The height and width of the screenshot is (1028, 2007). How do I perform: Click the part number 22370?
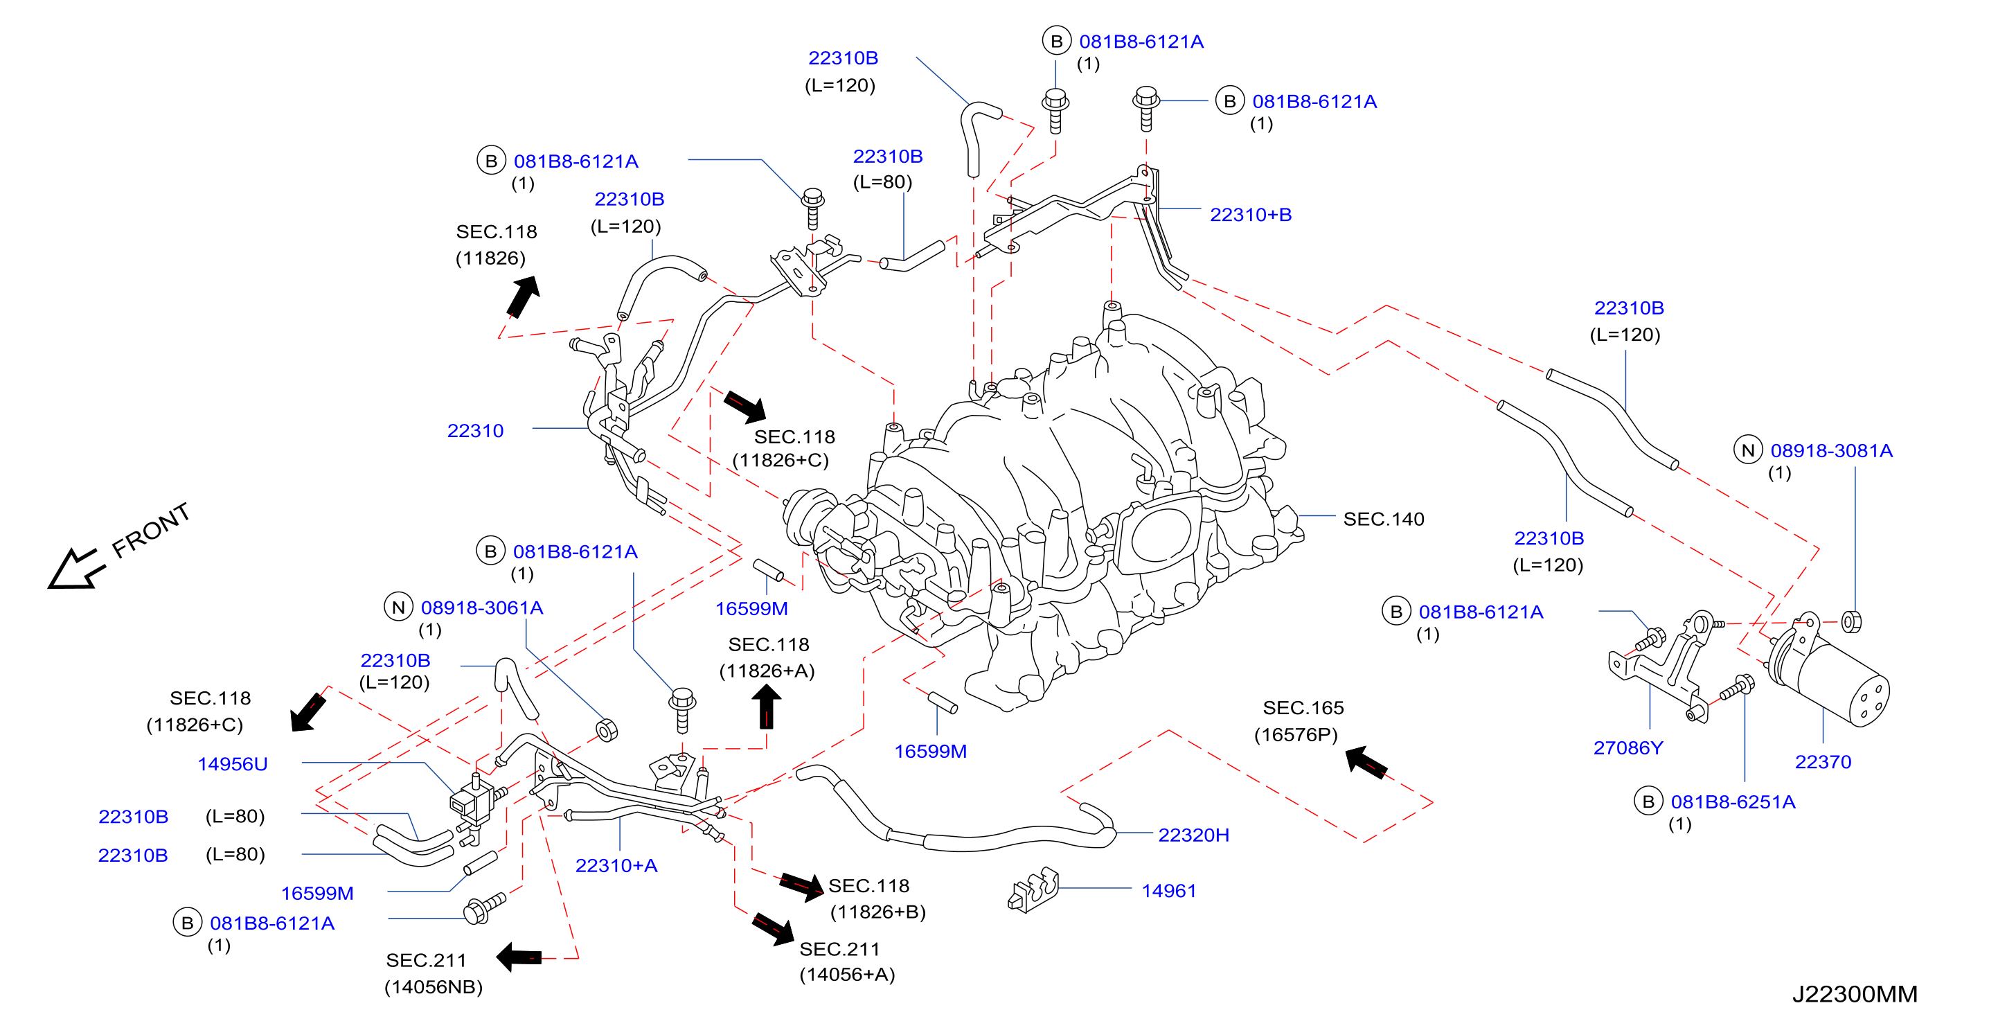[x=1822, y=761]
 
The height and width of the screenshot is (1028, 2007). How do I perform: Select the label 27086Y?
[x=1627, y=747]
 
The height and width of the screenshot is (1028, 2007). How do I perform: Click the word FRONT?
[x=150, y=530]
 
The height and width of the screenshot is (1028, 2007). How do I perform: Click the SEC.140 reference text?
[x=1383, y=518]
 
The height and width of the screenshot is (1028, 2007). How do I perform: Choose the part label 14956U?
[x=232, y=764]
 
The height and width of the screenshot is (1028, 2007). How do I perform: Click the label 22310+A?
[x=616, y=865]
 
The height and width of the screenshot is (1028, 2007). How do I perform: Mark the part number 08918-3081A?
[x=1831, y=450]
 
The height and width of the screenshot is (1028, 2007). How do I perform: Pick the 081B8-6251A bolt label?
[x=1733, y=802]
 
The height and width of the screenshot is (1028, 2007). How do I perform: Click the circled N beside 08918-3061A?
[x=398, y=607]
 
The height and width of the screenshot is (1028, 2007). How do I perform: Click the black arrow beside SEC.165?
[x=1366, y=761]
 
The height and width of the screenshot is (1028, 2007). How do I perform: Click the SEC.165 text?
[x=1303, y=708]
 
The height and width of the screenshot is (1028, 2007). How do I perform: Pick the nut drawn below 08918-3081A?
[x=1851, y=621]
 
